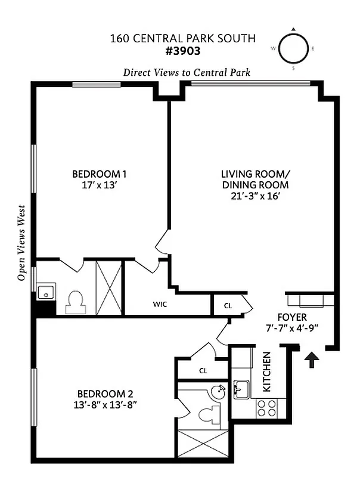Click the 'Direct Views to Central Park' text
[x=187, y=72]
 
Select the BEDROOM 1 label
[x=100, y=174]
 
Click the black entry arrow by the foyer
[x=312, y=360]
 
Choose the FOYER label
[x=292, y=317]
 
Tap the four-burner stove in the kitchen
[x=266, y=408]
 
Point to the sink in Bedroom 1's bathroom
[x=45, y=293]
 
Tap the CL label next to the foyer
[x=228, y=305]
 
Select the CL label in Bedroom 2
[x=203, y=370]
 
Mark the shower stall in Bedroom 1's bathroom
[x=108, y=287]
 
